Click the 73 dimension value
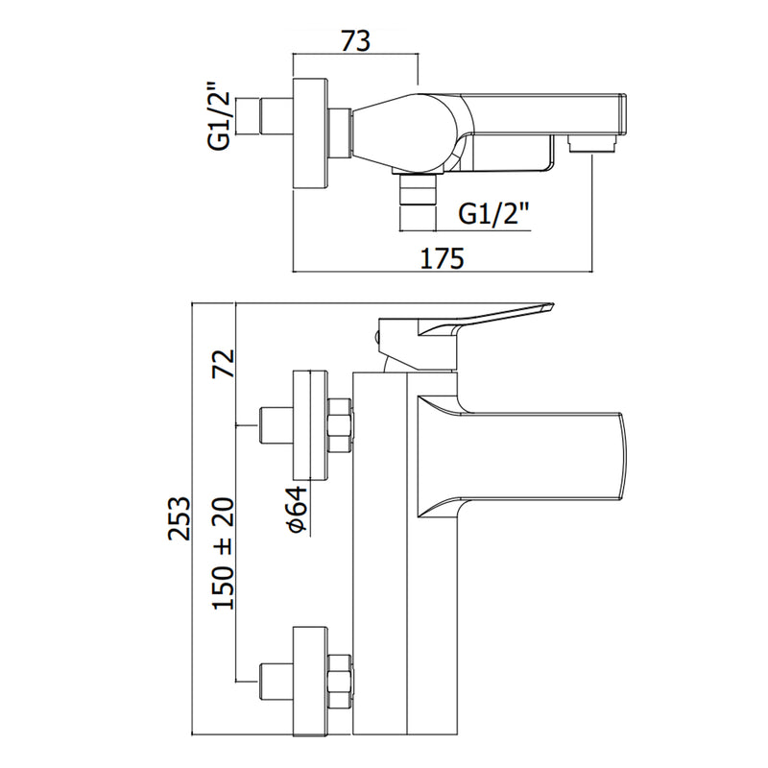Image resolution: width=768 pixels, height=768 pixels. tap(356, 40)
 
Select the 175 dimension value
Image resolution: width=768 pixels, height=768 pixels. tap(442, 258)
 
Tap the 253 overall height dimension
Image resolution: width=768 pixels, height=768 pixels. tap(179, 518)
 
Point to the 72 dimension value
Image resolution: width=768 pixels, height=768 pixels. tap(224, 364)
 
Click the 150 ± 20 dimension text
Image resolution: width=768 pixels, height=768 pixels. tap(224, 554)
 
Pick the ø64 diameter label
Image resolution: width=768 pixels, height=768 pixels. tap(298, 510)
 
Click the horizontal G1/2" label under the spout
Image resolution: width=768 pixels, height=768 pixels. tap(493, 213)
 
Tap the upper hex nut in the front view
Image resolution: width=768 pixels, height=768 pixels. tap(339, 425)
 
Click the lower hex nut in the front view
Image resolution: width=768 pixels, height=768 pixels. tap(339, 681)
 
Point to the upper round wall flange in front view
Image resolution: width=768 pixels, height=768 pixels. tap(309, 425)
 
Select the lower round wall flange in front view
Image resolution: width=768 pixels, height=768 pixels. tap(309, 681)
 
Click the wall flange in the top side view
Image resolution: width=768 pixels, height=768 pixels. tap(309, 132)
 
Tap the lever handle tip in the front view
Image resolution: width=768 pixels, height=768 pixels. tap(547, 307)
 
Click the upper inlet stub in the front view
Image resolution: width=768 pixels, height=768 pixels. tap(276, 425)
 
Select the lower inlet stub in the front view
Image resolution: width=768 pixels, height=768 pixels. tap(276, 681)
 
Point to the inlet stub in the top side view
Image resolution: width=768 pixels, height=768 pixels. tap(276, 116)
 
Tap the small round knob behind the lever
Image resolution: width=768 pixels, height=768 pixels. tap(376, 338)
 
